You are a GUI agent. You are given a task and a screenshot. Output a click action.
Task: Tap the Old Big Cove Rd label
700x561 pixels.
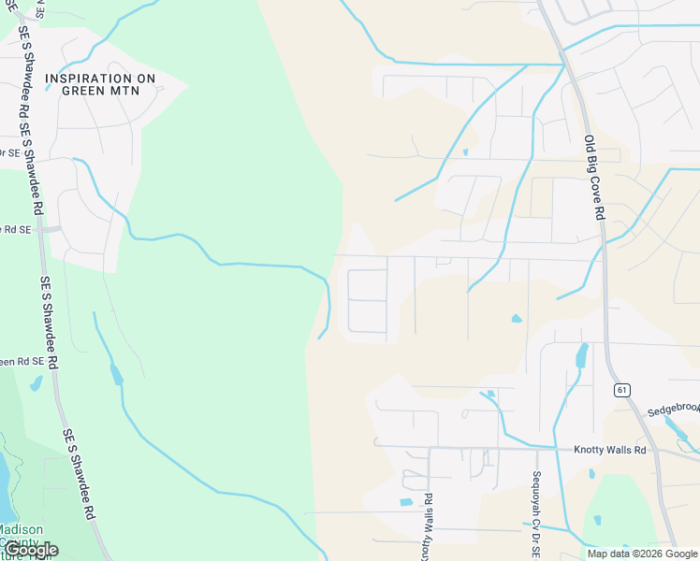(x=593, y=177)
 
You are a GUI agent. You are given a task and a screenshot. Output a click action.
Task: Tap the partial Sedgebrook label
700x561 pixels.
(x=673, y=410)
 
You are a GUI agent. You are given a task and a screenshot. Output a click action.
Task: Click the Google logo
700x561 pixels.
(x=31, y=550)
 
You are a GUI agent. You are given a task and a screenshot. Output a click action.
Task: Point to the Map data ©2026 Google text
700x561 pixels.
(x=642, y=554)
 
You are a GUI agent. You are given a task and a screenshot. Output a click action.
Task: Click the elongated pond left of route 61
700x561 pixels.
(x=580, y=355)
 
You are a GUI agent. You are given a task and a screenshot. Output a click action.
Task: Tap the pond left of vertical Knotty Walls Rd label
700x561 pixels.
(x=405, y=502)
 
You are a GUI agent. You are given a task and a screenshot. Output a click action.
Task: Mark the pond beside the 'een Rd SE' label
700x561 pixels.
(x=36, y=383)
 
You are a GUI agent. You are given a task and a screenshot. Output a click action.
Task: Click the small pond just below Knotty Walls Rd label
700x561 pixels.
(x=591, y=474)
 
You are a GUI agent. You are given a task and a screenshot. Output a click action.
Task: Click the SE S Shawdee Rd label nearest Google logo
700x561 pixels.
(x=79, y=476)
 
